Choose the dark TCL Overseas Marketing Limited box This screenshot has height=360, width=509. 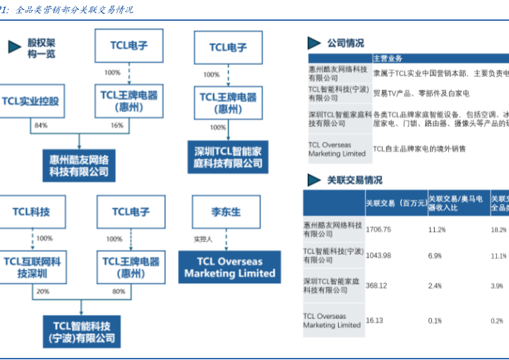(x=229, y=266)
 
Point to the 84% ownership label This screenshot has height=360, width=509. (x=40, y=126)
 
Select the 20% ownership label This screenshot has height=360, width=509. (x=43, y=291)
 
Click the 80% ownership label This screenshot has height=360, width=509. (x=118, y=291)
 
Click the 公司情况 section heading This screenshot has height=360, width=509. (x=345, y=43)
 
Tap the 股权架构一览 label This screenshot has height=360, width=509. (x=41, y=48)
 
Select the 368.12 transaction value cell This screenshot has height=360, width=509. (x=376, y=285)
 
